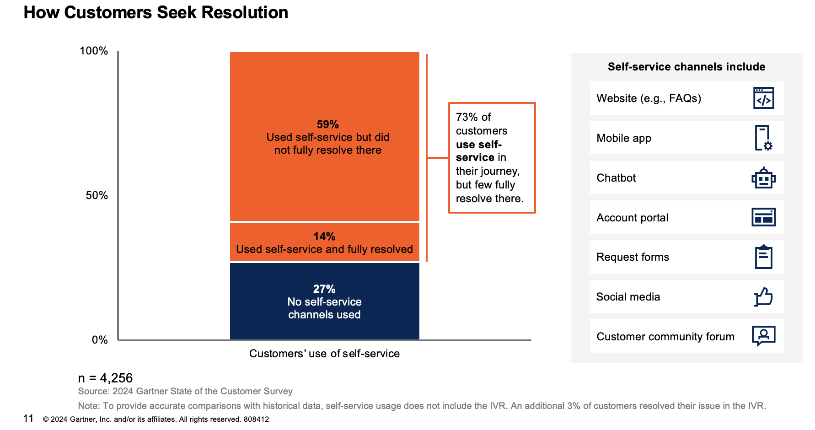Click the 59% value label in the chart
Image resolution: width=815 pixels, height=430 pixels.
pyautogui.click(x=327, y=124)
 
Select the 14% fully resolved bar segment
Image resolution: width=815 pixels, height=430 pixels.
pyautogui.click(x=324, y=242)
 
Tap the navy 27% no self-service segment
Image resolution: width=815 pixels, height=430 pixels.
pyautogui.click(x=324, y=301)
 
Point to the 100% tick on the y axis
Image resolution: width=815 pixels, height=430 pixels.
pyautogui.click(x=94, y=51)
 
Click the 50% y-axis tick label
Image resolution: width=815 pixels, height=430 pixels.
pyautogui.click(x=97, y=195)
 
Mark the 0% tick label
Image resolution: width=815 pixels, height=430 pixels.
pyautogui.click(x=100, y=340)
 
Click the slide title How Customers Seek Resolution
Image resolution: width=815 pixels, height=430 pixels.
pyautogui.click(x=155, y=12)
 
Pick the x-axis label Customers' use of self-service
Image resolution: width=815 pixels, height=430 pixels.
pyautogui.click(x=324, y=354)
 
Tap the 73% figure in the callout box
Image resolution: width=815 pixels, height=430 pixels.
pyautogui.click(x=466, y=117)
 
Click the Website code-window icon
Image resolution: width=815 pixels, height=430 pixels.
pyautogui.click(x=763, y=98)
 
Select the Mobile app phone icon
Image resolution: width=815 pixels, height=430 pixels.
pyautogui.click(x=763, y=138)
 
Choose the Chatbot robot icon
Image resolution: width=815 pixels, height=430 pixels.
pyautogui.click(x=763, y=177)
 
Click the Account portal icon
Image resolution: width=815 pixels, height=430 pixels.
pyautogui.click(x=763, y=217)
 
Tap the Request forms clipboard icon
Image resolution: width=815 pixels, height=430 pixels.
pyautogui.click(x=763, y=257)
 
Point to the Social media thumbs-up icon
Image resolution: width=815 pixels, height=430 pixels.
pyautogui.click(x=763, y=296)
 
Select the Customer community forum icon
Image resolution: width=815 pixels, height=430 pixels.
pyautogui.click(x=763, y=336)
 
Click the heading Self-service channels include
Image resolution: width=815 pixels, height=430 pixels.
pyautogui.click(x=686, y=67)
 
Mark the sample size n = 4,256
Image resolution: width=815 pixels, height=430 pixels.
pyautogui.click(x=105, y=378)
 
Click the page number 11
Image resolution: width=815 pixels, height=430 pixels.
pyautogui.click(x=28, y=418)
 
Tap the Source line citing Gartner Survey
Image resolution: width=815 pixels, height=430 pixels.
pyautogui.click(x=185, y=391)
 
